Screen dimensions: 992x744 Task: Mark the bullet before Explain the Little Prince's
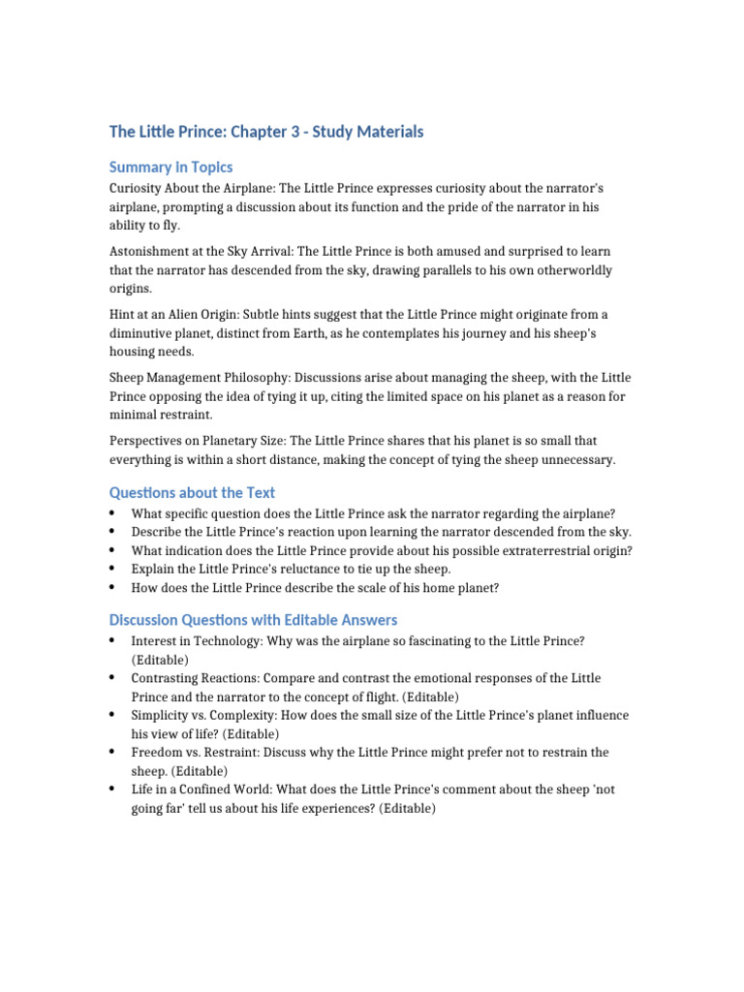(113, 569)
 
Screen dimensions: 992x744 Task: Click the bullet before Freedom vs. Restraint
(113, 753)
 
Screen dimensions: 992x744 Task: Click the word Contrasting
(168, 678)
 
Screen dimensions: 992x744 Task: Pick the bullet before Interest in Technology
(113, 641)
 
